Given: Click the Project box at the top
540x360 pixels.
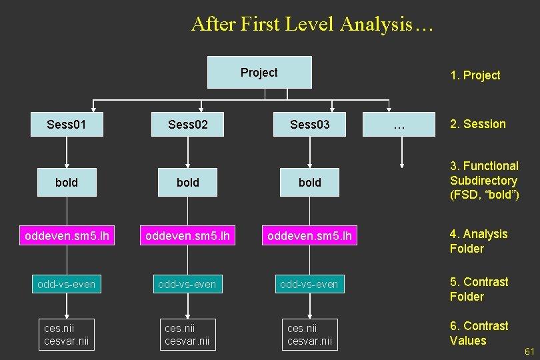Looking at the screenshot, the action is point(259,72).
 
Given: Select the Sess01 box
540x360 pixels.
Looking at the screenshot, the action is point(67,124).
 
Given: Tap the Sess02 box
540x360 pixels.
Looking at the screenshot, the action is point(187,124).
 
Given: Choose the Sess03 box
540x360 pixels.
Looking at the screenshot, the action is point(309,124).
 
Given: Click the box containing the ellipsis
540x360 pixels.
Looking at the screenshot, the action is point(400,125).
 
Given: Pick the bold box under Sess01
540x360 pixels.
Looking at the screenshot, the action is point(67,182).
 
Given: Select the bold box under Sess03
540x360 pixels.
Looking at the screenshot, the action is point(309,182).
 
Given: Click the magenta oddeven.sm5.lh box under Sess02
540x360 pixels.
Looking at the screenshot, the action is point(187,236).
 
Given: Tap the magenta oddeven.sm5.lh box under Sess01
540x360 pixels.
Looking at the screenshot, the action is point(67,236).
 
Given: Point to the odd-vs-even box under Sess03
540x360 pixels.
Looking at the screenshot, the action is point(309,284).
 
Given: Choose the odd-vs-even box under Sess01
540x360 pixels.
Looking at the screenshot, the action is point(67,284).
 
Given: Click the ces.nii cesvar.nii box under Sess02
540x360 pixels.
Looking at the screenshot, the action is point(187,334).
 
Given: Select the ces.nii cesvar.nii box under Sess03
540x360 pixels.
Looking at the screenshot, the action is point(309,334).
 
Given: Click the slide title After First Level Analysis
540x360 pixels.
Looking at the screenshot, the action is point(313,25).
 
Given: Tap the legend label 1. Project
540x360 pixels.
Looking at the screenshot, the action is point(475,75).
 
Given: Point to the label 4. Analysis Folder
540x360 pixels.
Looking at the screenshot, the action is point(478,241).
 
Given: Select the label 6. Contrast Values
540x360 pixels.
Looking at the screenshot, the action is point(479,333).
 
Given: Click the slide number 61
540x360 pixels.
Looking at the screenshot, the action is point(530,351).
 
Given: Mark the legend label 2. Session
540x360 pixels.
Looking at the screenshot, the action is point(477,124).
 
